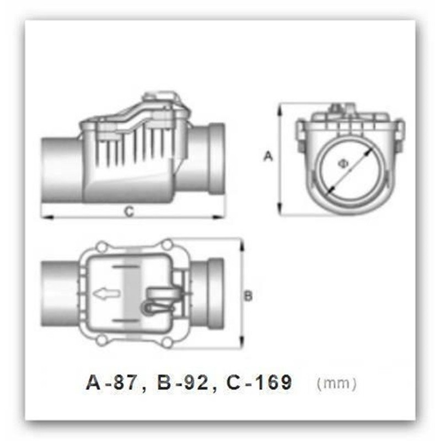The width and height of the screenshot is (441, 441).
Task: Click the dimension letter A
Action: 268,157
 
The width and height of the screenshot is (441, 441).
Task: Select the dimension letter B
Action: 248,296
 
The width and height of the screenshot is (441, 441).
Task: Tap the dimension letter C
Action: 128,209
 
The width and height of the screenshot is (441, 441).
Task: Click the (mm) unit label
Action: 337,382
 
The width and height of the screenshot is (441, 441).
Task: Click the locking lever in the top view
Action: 160,302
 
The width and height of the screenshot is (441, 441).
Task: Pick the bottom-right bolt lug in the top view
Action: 167,342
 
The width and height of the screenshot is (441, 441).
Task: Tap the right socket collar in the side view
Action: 216,160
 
